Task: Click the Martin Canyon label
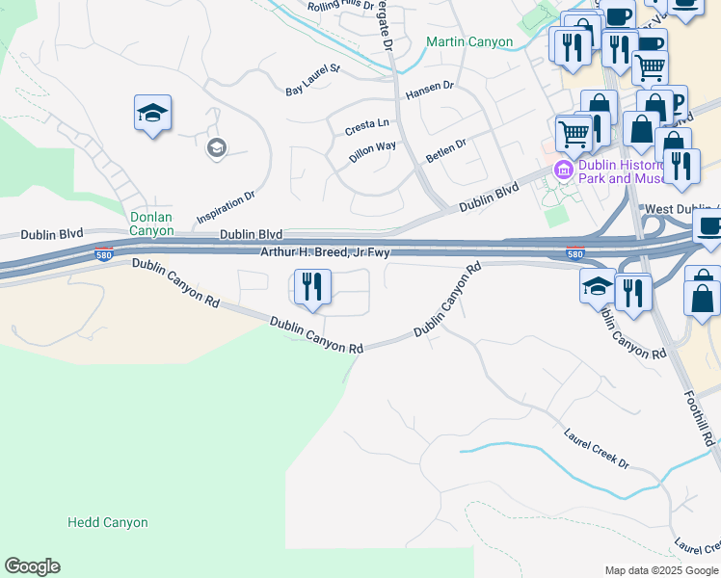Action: [470, 42]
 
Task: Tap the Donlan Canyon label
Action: [152, 224]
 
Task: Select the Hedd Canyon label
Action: [107, 522]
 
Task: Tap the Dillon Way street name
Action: [372, 152]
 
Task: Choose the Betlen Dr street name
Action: [447, 147]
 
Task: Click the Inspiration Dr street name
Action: [225, 205]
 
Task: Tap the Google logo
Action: [32, 566]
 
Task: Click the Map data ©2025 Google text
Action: [661, 570]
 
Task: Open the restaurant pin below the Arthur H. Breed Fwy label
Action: [311, 287]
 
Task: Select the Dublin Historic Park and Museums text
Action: [618, 171]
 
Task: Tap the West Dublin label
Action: [681, 209]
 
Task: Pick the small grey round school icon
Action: [216, 147]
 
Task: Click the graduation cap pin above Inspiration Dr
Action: [153, 114]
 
